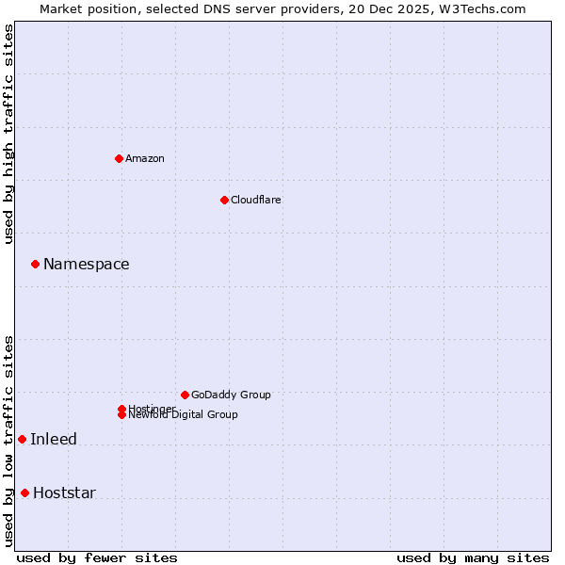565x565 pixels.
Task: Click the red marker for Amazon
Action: click(x=119, y=158)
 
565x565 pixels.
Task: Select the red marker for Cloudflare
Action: click(x=224, y=200)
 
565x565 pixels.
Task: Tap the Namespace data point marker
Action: click(x=35, y=264)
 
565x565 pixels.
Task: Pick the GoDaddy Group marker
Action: click(x=185, y=395)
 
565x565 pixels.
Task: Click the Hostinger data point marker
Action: click(x=121, y=409)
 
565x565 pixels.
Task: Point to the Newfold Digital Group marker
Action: click(x=121, y=415)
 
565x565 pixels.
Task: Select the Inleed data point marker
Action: click(x=22, y=439)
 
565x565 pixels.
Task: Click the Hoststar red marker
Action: click(x=24, y=492)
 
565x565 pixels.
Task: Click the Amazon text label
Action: click(x=145, y=158)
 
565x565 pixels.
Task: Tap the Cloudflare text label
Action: click(x=256, y=200)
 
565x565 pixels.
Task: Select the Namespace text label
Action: click(x=87, y=265)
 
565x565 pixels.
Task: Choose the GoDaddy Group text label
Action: click(x=231, y=395)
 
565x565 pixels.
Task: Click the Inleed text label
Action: click(x=54, y=440)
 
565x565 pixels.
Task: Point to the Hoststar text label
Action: click(x=64, y=493)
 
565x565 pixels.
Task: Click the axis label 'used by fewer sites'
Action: click(x=97, y=557)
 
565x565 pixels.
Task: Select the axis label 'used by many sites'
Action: click(x=473, y=557)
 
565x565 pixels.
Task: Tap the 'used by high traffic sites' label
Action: click(x=9, y=134)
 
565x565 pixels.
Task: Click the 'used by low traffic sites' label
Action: click(x=9, y=440)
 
